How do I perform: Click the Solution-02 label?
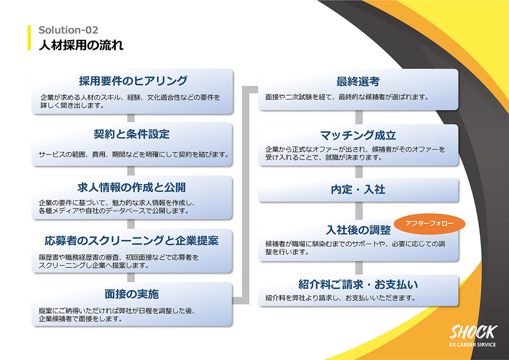[68, 30]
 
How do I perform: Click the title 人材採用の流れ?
[81, 45]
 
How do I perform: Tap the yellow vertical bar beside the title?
[29, 38]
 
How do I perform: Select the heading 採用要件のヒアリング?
[133, 81]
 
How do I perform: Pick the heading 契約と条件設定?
[131, 134]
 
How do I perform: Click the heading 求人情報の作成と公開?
[131, 187]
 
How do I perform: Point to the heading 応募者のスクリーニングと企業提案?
[131, 241]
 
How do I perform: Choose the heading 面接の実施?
[131, 294]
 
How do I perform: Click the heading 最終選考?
[358, 82]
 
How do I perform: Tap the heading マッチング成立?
[358, 135]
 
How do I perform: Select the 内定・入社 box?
[358, 190]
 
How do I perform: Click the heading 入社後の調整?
[358, 230]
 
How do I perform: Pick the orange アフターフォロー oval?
[429, 224]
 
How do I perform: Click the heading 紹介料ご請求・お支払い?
[358, 284]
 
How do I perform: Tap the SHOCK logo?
[473, 332]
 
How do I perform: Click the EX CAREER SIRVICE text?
[473, 345]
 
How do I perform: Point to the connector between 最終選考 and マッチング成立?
[359, 117]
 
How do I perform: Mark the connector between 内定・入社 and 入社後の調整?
[359, 211]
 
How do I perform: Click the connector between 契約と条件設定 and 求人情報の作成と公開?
[131, 171]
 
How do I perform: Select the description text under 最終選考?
[347, 97]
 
